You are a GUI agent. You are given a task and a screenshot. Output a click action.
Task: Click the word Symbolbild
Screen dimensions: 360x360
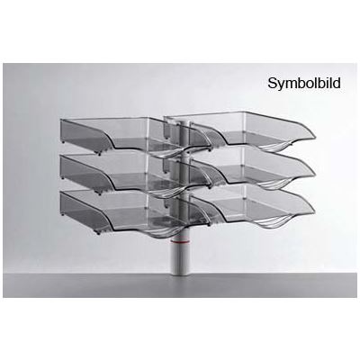click(304, 84)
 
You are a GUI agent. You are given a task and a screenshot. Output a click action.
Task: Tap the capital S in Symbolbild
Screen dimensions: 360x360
click(272, 83)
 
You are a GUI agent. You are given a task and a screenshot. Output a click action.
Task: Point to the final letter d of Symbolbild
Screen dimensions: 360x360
click(337, 83)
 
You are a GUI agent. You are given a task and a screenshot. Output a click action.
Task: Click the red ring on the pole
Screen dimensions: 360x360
click(179, 240)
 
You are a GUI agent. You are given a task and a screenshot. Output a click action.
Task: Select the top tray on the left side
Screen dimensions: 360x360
click(132, 135)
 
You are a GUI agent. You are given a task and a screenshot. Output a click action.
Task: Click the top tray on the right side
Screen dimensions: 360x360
click(240, 130)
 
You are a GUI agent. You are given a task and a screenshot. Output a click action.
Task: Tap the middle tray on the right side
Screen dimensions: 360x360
click(240, 167)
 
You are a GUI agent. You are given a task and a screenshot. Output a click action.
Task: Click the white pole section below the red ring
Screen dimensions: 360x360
click(179, 258)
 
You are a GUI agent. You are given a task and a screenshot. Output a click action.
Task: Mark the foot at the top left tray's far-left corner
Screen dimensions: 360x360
click(63, 140)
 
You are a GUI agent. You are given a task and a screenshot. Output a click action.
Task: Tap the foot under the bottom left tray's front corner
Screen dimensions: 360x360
click(98, 232)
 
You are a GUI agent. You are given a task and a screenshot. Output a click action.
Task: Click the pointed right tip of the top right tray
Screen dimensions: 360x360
click(315, 138)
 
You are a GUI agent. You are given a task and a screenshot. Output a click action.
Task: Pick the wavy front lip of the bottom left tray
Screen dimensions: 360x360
click(150, 232)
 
